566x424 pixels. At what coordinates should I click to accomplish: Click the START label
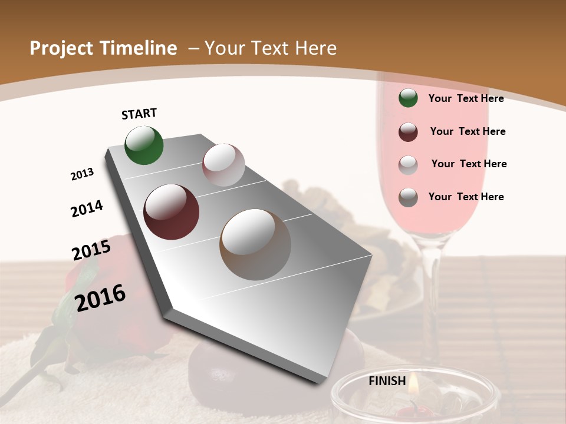139,114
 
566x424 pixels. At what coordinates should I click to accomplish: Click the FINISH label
387,381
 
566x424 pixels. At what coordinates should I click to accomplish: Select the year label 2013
82,174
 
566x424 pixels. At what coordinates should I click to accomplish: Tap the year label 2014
87,209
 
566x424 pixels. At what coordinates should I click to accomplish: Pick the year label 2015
91,250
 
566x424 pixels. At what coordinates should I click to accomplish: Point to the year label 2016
100,298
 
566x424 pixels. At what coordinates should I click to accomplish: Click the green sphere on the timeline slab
144,145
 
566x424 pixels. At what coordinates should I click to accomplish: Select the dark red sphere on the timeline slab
172,212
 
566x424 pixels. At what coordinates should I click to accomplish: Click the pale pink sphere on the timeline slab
223,165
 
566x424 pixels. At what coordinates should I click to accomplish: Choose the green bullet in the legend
408,98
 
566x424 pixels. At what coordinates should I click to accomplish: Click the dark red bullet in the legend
408,132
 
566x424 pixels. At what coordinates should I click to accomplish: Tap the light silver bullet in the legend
408,165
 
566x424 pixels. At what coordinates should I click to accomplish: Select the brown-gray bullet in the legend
408,197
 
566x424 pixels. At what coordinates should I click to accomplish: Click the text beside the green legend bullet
466,98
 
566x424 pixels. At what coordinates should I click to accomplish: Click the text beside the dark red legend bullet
468,131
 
